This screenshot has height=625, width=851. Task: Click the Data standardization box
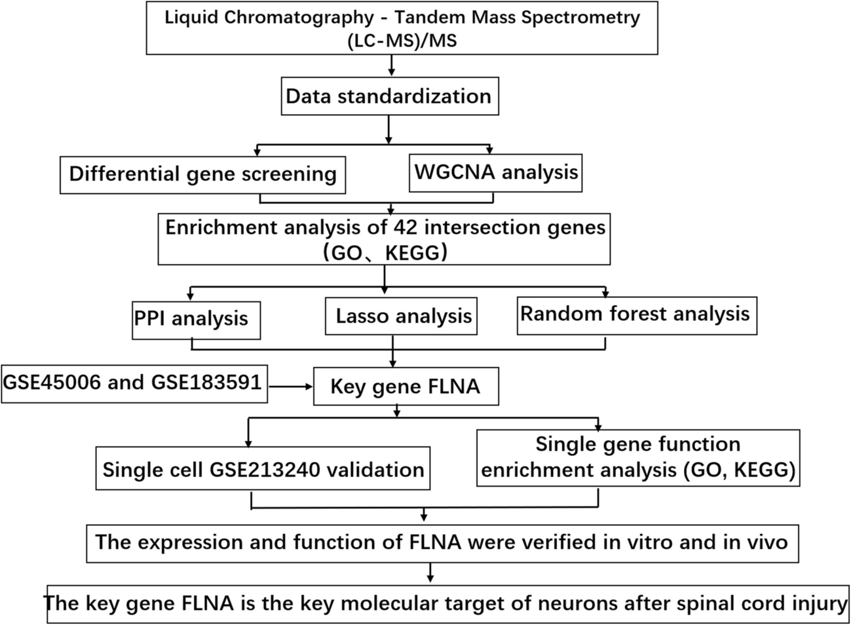click(388, 96)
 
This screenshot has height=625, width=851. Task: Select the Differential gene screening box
click(202, 174)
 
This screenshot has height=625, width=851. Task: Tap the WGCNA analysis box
click(496, 172)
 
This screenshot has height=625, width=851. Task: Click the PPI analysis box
click(191, 319)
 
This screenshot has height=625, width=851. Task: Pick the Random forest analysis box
click(635, 314)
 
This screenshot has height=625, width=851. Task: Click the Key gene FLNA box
click(405, 387)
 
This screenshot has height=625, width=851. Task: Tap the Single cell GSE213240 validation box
click(263, 469)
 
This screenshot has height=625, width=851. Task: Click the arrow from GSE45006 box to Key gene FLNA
click(291, 387)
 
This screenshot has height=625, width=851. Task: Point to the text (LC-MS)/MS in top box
click(401, 41)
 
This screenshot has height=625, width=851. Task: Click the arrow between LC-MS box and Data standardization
click(392, 65)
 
